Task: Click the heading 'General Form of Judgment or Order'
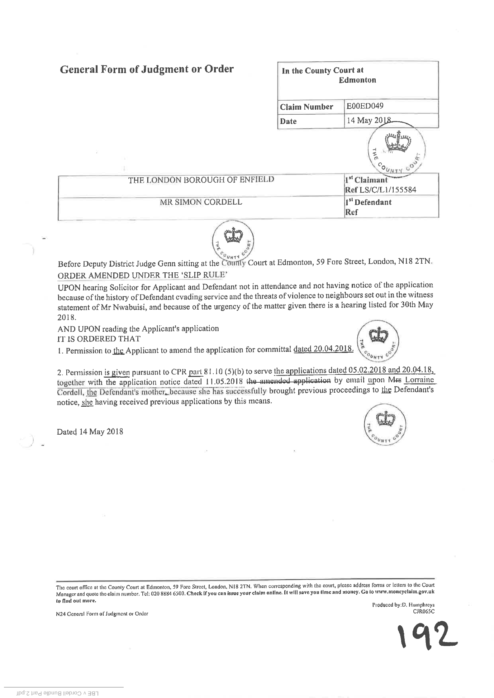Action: (x=147, y=69)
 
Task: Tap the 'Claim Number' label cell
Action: (x=307, y=107)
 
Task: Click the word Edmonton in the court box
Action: (x=357, y=80)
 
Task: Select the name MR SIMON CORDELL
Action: (x=201, y=202)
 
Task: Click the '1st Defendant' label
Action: (x=368, y=202)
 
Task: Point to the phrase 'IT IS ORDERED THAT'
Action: (x=99, y=339)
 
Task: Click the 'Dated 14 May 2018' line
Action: (x=90, y=431)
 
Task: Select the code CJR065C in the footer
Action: (x=424, y=612)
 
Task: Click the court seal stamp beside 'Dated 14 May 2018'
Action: (x=386, y=426)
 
